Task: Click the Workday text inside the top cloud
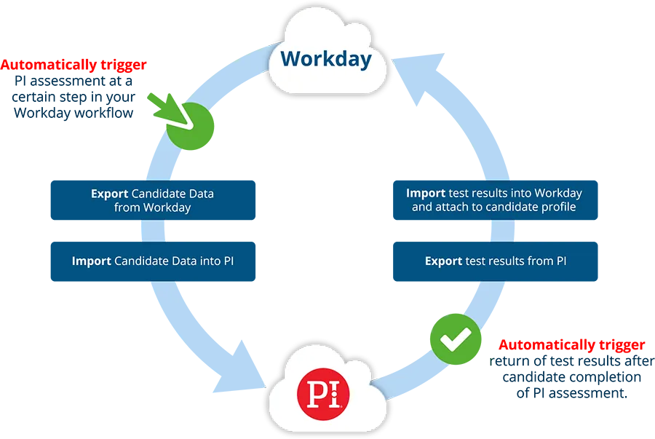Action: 326,59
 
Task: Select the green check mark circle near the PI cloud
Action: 453,337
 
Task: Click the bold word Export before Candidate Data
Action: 109,194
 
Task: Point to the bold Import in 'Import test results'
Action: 426,194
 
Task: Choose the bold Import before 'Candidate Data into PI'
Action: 92,261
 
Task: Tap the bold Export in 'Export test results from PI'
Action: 443,261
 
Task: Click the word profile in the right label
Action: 557,207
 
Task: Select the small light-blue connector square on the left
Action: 153,232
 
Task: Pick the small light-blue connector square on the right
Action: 501,232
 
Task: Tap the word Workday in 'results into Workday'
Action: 558,194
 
